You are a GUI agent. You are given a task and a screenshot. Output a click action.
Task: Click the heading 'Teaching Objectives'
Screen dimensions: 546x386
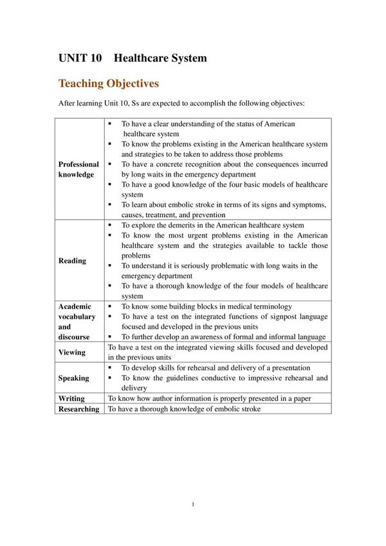pos(109,84)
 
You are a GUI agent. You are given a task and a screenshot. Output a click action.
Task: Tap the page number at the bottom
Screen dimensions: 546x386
pos(193,504)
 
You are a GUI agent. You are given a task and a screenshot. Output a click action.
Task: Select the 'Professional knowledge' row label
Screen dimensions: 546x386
pos(78,169)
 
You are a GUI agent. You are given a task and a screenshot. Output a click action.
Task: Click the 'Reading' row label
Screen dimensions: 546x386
pos(72,261)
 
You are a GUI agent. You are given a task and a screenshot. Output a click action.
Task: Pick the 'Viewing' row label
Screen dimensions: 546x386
pos(71,352)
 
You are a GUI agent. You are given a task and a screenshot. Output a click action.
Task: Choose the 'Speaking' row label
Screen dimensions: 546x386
pos(74,378)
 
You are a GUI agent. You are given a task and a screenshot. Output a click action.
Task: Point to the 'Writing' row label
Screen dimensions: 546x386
pos(71,398)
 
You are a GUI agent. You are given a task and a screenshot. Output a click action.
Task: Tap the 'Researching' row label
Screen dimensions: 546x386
pos(78,409)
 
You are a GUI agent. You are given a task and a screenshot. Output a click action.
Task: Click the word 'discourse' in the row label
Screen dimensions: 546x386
pos(74,337)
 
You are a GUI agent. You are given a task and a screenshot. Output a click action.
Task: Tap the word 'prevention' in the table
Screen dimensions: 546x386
pos(206,215)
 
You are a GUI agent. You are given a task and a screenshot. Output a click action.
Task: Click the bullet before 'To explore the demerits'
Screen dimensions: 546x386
pos(111,225)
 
